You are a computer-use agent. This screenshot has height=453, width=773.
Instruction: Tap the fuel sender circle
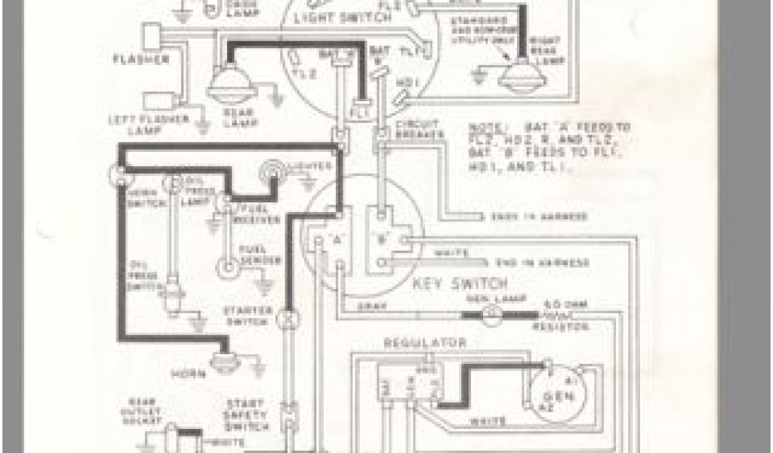225,267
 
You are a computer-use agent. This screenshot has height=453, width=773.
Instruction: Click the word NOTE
485,127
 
